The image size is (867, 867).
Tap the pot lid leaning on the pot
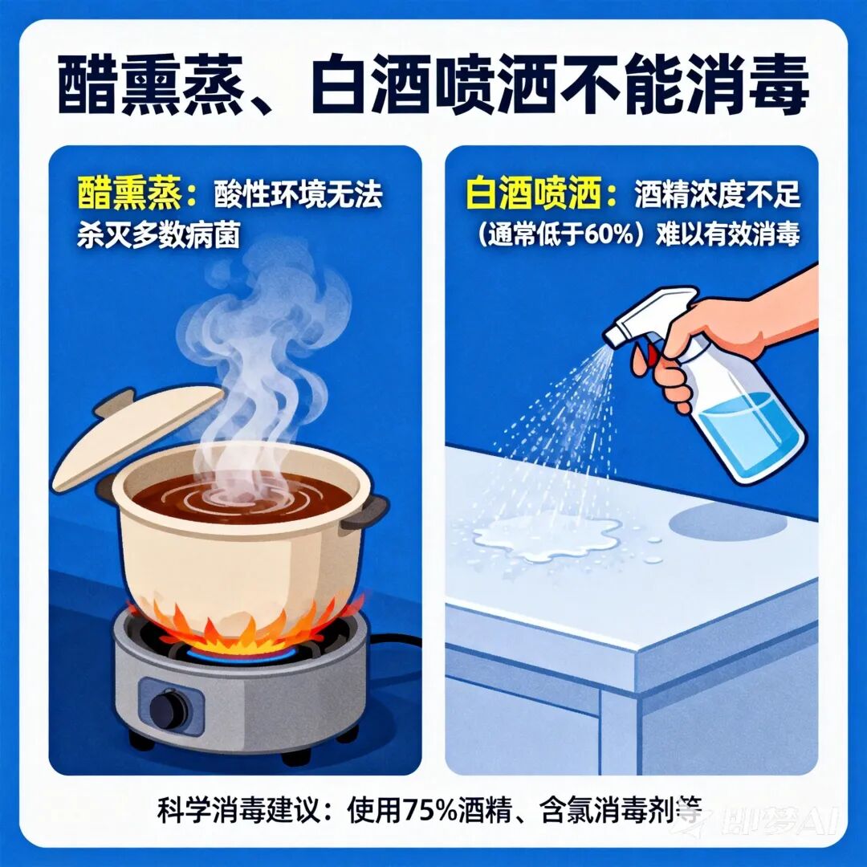[138, 437]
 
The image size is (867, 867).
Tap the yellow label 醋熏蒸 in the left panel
[129, 194]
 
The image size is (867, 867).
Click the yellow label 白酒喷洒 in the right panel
[533, 194]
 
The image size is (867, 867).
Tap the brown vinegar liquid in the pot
[242, 499]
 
